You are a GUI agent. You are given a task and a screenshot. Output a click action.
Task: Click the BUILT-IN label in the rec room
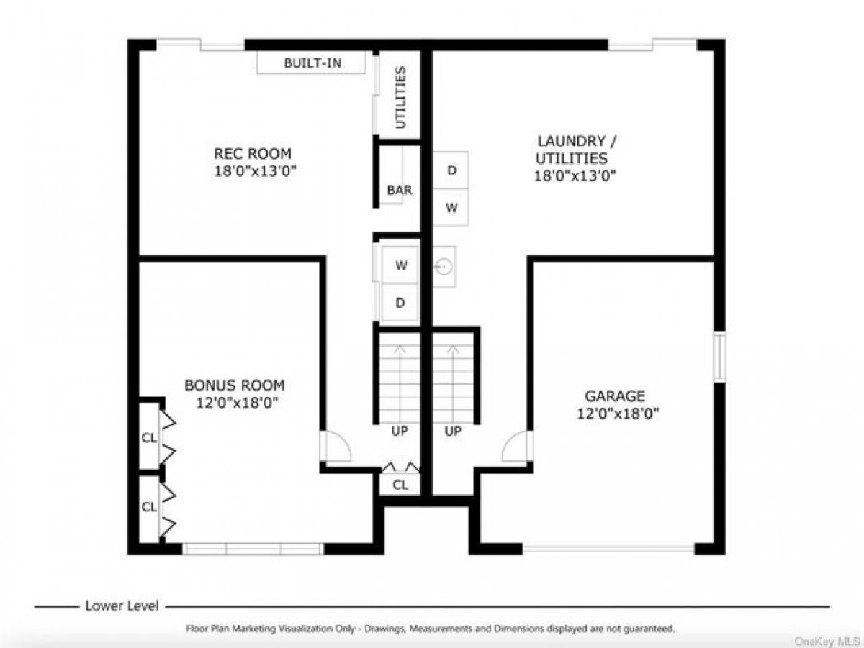[312, 63]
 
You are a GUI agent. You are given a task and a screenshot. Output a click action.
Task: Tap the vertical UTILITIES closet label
[401, 97]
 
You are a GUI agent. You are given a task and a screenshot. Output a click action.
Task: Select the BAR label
[400, 191]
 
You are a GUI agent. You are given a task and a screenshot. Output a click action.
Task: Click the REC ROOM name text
[253, 153]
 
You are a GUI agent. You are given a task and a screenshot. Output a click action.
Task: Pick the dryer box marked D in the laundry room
[451, 170]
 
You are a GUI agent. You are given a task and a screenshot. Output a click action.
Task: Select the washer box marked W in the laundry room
[451, 208]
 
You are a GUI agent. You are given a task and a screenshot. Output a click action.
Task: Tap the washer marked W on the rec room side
[400, 265]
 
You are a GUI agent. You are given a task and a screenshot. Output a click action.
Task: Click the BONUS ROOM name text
[234, 385]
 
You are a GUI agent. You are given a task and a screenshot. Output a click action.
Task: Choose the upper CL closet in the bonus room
[149, 437]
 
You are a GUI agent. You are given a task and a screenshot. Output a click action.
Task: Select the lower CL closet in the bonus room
[149, 506]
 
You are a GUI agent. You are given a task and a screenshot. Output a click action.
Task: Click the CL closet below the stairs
[400, 485]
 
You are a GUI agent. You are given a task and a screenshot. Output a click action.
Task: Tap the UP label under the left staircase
[400, 432]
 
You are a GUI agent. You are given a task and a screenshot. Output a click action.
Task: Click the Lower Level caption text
[122, 606]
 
